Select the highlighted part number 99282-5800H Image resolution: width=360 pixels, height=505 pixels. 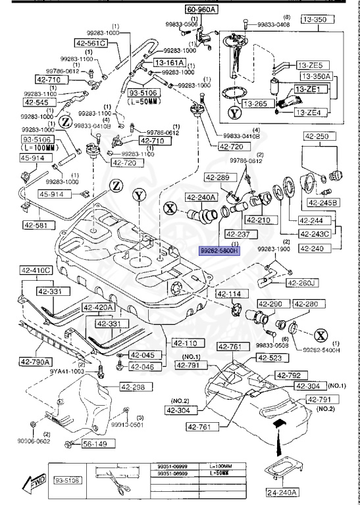(x=220, y=251)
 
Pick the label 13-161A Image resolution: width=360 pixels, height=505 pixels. (x=169, y=62)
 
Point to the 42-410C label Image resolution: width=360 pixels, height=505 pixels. (x=35, y=269)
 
